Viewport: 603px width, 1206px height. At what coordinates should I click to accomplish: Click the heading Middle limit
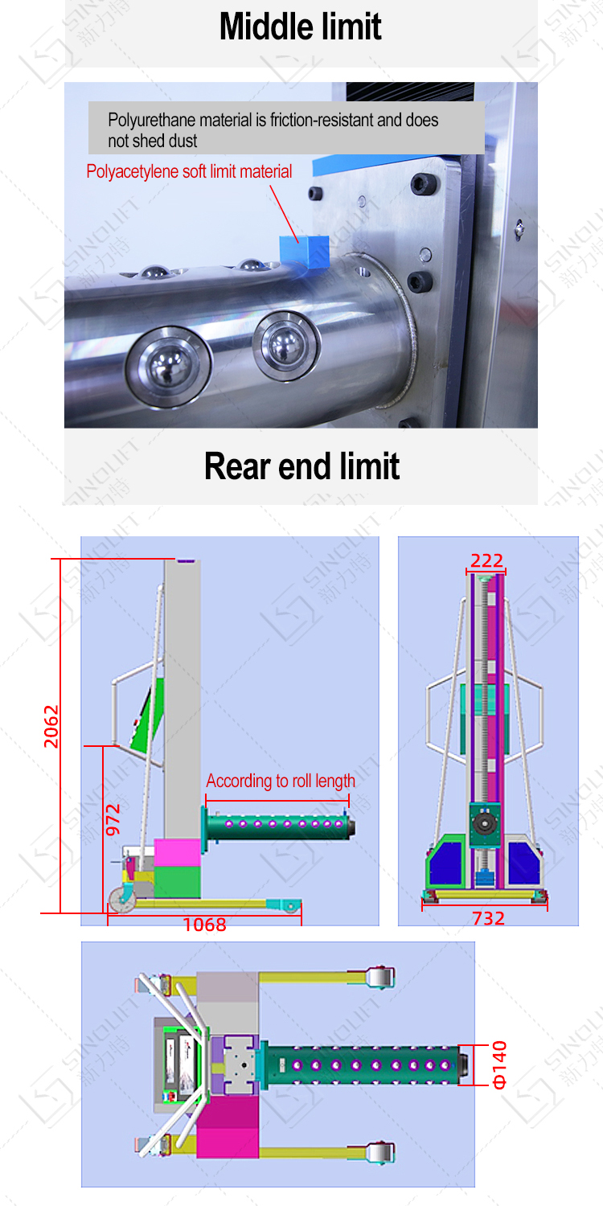(301, 27)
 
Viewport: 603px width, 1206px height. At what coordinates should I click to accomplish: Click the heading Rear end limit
(301, 466)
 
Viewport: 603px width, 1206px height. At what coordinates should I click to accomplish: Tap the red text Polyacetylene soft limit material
(189, 171)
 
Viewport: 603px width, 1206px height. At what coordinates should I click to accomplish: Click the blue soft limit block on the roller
(304, 251)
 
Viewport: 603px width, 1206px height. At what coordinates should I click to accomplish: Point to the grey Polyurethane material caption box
(286, 128)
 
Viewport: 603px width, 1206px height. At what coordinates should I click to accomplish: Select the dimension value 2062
(51, 726)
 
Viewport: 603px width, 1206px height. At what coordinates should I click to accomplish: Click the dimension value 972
(113, 819)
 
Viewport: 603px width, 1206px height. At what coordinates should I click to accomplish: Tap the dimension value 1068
(204, 925)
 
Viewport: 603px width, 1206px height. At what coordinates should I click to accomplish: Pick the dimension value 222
(486, 560)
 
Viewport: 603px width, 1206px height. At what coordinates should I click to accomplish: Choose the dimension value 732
(488, 918)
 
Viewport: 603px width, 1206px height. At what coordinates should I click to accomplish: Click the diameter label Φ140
(499, 1064)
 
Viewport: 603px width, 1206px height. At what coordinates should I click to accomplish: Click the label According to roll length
(281, 781)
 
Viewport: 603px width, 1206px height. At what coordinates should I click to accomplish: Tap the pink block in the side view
(177, 853)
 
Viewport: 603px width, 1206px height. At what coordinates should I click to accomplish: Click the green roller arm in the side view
(279, 827)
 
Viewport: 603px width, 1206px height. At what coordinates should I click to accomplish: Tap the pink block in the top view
(228, 1127)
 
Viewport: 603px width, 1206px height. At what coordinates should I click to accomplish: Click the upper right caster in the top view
(380, 977)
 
